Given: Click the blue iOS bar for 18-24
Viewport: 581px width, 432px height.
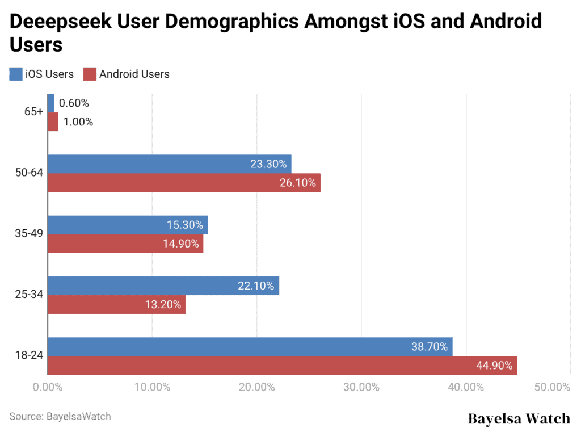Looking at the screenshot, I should pos(250,347).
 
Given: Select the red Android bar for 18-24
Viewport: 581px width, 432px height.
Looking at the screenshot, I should pos(282,366).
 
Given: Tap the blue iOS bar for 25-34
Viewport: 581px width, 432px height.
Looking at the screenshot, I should pos(163,286).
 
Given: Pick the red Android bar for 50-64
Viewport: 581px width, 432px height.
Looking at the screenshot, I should pos(184,183).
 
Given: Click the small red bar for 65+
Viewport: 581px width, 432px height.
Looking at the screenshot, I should pos(53,122).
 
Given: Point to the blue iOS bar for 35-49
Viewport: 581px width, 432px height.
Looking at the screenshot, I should pos(128,225).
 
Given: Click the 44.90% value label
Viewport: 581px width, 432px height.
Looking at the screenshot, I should pos(494,366).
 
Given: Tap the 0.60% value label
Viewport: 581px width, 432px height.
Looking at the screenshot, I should pos(74,103).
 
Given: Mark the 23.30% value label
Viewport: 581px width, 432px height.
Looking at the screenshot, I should pos(268,164).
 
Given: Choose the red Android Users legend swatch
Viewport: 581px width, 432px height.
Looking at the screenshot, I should pos(90,74).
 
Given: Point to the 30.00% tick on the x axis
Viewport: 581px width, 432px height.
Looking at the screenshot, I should pos(361,388).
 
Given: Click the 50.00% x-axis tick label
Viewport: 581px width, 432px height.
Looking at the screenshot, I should pos(551,388).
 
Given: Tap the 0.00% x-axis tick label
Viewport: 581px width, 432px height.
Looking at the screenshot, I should pos(48,388).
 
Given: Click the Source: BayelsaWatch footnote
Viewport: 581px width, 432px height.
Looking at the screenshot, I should pos(60,416).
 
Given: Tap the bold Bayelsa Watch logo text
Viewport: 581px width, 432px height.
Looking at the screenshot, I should pos(519,419).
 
